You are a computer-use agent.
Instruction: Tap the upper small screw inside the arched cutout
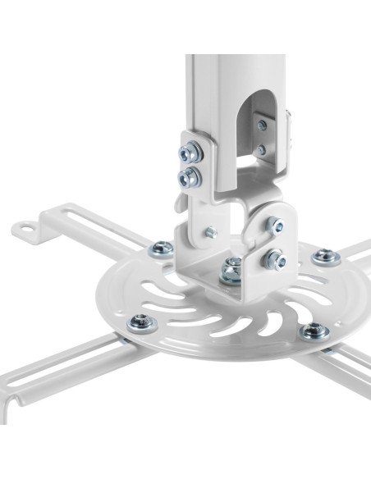(262, 125)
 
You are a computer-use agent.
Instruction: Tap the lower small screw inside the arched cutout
(261, 149)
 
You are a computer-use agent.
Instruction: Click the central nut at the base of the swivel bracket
(232, 267)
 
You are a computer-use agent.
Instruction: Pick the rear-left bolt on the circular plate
(163, 248)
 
